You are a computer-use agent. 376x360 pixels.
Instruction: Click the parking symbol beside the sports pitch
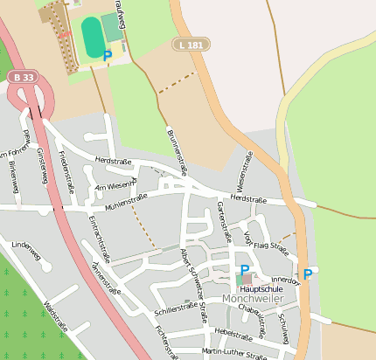click(108, 56)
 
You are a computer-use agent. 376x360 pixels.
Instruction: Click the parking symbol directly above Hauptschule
click(245, 270)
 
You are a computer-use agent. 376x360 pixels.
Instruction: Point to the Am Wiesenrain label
click(115, 185)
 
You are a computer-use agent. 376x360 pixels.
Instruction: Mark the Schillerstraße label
click(175, 308)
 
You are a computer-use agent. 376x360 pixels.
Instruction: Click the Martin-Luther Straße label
click(233, 353)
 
